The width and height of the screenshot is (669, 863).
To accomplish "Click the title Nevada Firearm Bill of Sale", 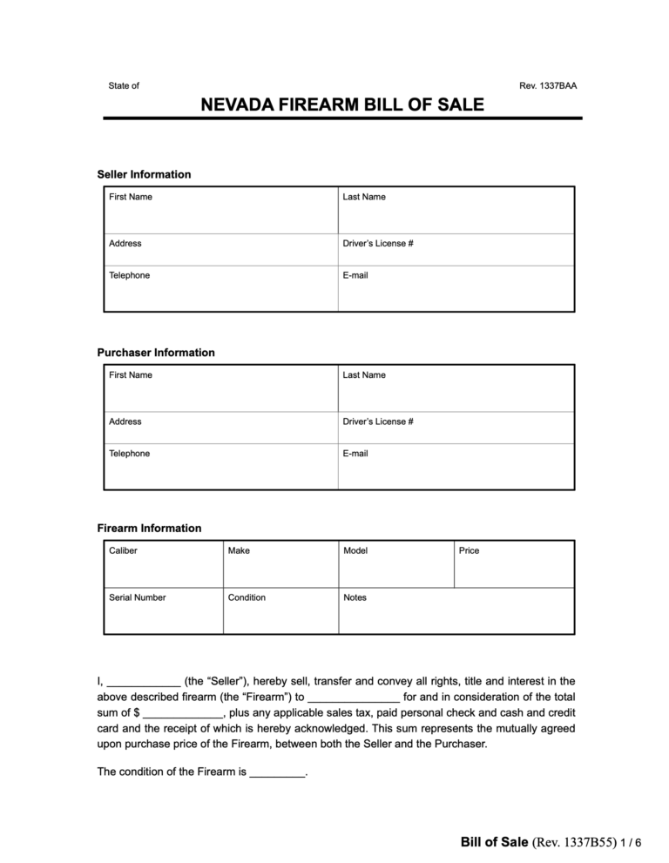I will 342,106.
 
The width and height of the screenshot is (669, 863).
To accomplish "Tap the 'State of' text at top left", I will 124,86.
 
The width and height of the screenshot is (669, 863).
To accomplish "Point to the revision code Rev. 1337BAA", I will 547,86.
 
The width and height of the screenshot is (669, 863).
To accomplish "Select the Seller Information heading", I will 144,174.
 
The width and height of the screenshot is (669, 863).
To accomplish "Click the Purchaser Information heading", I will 155,353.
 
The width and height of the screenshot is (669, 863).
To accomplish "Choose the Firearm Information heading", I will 149,529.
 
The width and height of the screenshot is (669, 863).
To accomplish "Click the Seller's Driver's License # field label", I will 378,244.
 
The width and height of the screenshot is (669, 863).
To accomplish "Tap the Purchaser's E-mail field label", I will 355,454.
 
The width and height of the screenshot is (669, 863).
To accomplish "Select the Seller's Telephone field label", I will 129,276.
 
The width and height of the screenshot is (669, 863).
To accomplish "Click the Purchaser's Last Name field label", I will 364,375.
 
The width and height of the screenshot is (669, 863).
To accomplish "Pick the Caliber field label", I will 123,551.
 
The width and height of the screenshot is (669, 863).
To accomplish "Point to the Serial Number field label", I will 138,598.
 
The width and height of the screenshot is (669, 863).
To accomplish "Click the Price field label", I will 469,551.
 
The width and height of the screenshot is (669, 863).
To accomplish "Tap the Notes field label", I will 355,598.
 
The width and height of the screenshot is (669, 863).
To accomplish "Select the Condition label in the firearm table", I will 247,598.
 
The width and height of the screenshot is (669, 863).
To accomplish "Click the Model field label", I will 355,551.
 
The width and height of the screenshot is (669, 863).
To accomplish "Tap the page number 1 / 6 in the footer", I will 632,843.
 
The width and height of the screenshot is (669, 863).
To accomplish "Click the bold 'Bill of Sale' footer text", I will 494,842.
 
